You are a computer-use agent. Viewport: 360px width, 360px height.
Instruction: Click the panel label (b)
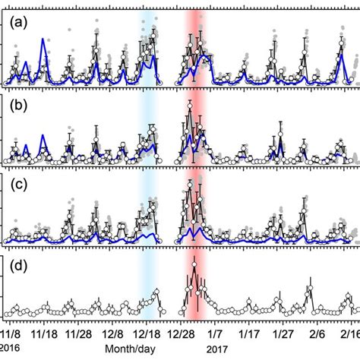click(x=14, y=106)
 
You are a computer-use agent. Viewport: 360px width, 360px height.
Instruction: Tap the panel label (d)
click(x=14, y=267)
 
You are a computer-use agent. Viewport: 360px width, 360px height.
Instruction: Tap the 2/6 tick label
click(x=316, y=333)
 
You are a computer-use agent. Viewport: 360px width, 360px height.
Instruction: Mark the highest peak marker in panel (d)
click(x=194, y=265)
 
